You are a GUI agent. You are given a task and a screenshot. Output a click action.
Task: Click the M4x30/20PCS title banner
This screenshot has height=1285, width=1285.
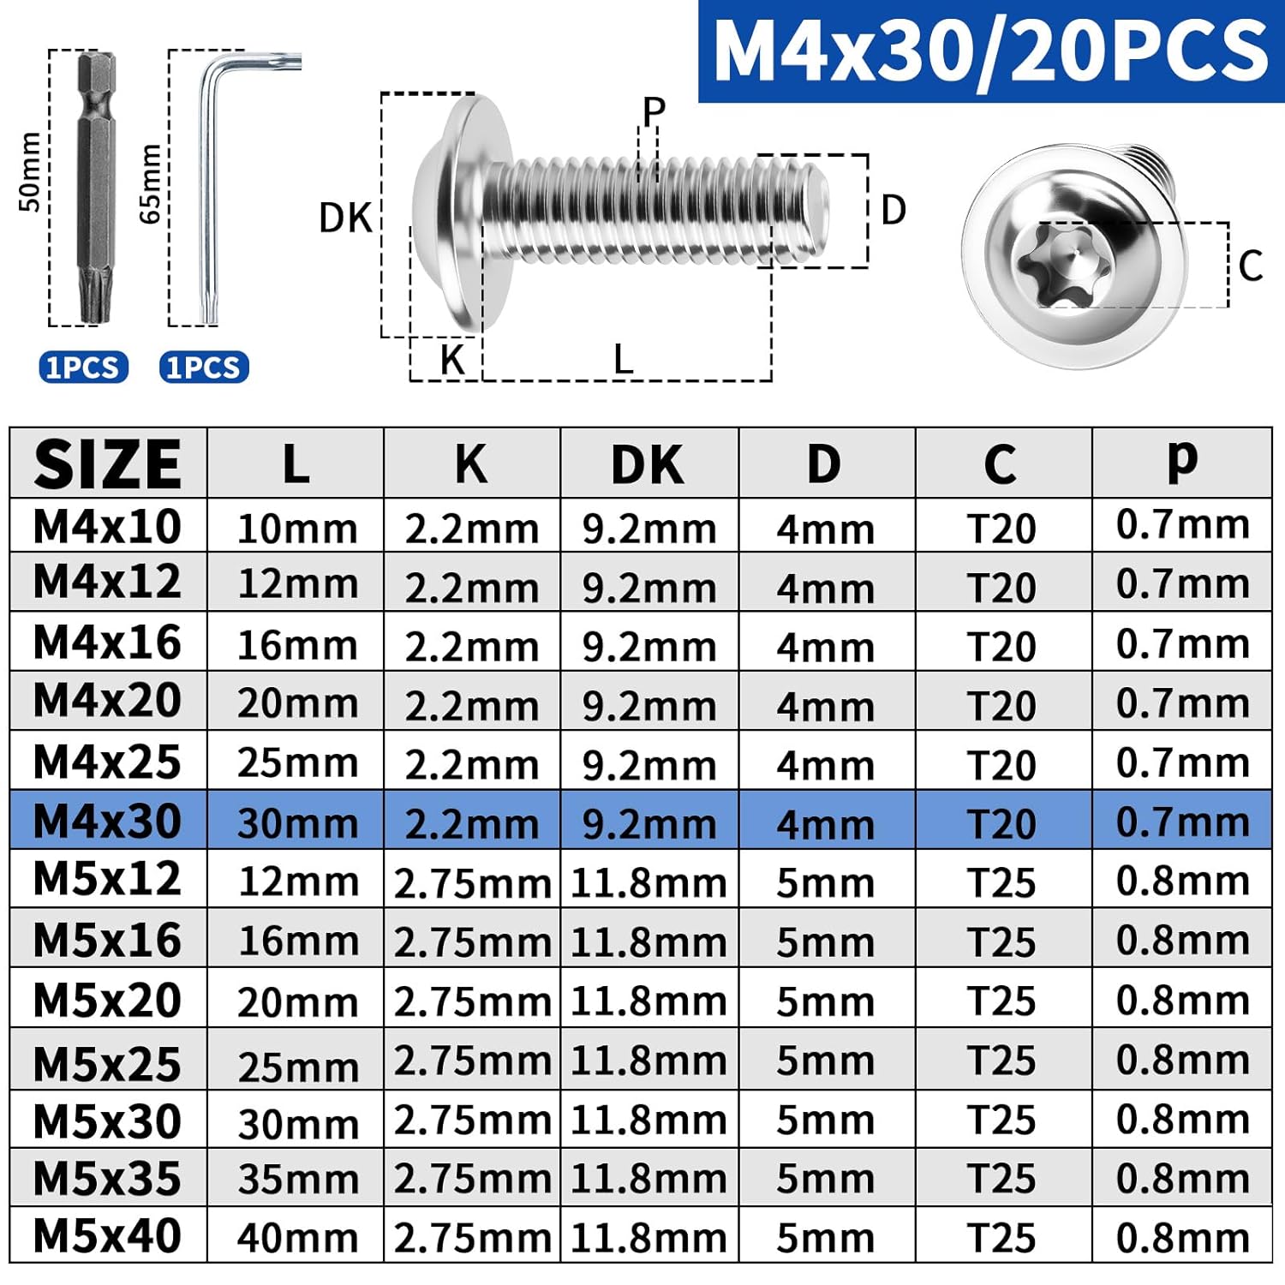(991, 51)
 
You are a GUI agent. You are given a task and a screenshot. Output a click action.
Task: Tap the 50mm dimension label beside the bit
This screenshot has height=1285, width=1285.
(29, 171)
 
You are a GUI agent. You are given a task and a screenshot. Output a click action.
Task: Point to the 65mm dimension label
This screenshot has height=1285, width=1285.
(150, 183)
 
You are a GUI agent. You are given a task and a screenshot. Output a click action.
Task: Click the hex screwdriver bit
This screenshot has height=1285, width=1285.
(96, 188)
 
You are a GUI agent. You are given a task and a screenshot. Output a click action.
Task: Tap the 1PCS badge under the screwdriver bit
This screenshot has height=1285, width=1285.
(83, 367)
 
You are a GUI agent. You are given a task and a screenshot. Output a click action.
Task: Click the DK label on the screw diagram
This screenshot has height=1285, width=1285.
(345, 218)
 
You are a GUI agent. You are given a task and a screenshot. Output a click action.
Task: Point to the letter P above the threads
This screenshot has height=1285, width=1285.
(654, 111)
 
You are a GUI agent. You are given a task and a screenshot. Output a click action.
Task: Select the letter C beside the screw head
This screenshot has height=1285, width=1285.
(1250, 266)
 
